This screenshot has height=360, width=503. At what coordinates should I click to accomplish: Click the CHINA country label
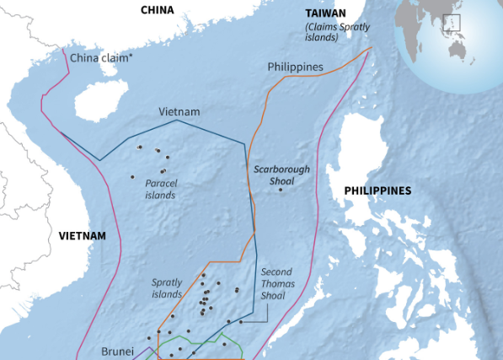[157, 10]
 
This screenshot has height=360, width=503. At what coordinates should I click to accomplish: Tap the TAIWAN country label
[324, 15]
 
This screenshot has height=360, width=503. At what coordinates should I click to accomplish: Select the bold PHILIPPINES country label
[377, 191]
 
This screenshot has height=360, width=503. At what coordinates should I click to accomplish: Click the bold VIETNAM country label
[83, 236]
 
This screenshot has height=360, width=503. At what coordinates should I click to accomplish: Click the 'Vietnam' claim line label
[179, 112]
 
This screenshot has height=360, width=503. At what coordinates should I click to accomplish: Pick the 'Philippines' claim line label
[296, 67]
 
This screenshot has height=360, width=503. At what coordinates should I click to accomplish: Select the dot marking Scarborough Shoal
[281, 189]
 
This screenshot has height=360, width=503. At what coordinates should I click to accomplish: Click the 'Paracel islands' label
[160, 189]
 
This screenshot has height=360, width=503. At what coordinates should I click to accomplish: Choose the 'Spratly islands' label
[167, 288]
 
